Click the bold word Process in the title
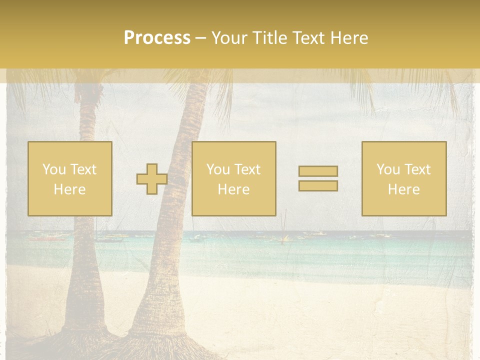[157, 38]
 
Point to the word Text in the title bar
[310, 38]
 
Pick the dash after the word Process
[201, 38]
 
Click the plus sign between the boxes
[152, 179]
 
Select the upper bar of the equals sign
[318, 171]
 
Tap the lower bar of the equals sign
[318, 185]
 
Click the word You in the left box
[54, 169]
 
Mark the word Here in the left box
[69, 189]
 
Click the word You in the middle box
[218, 169]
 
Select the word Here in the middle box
[233, 189]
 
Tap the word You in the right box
[388, 169]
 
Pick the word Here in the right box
[403, 189]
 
